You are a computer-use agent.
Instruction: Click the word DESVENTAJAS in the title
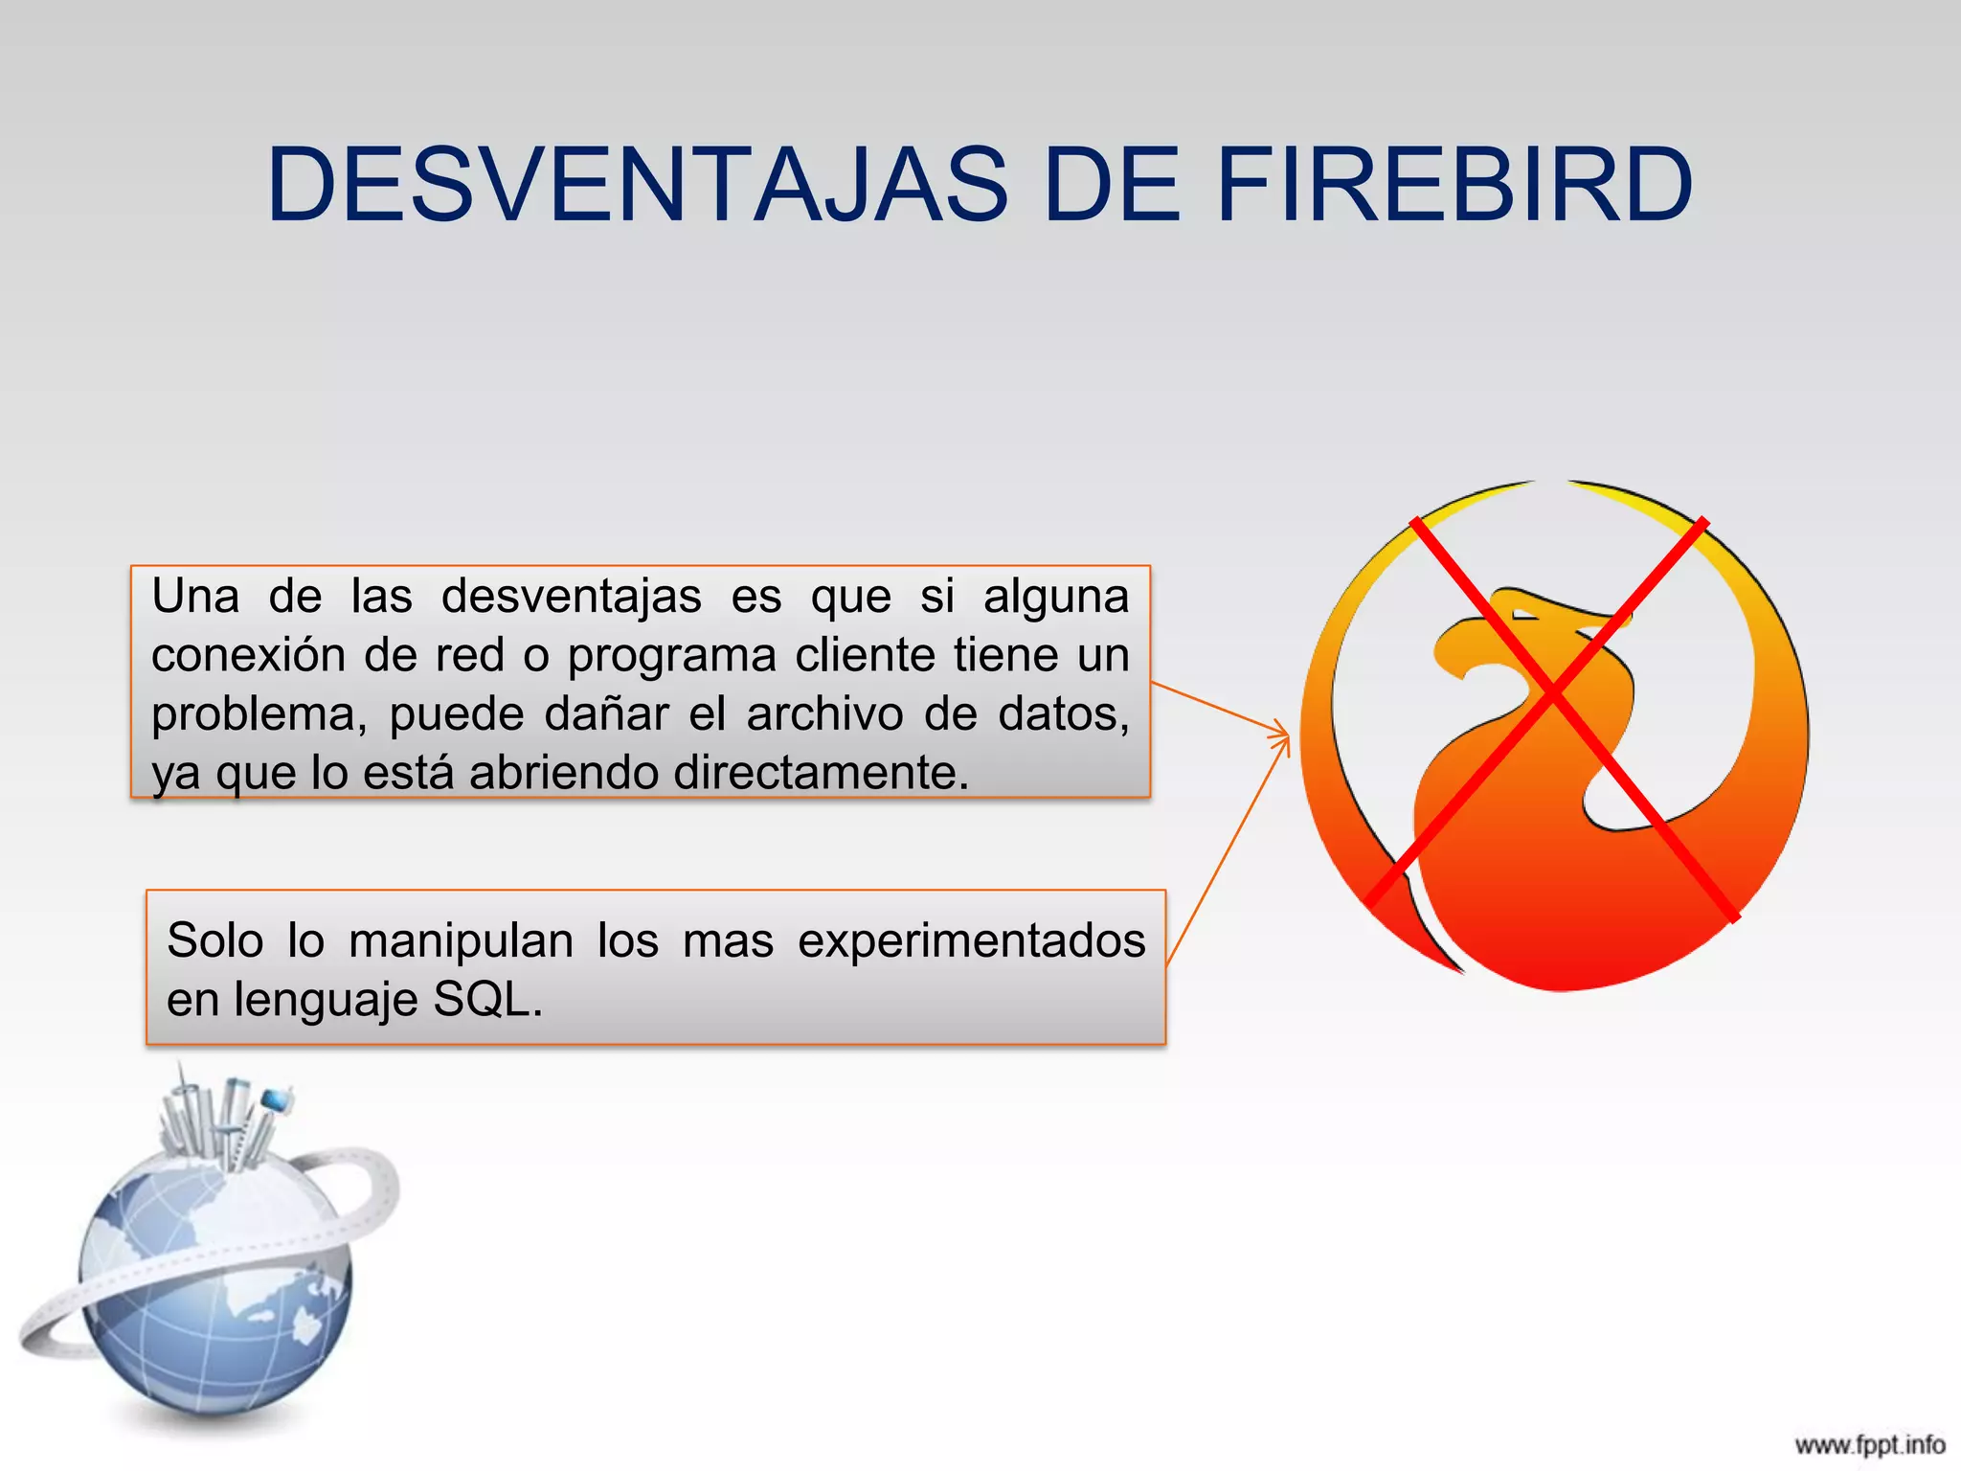click(x=637, y=184)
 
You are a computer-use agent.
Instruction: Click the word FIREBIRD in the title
click(x=1454, y=184)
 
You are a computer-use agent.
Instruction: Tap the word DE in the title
click(x=1111, y=184)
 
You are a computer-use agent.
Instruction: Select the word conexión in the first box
click(x=247, y=655)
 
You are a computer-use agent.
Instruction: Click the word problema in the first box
click(x=254, y=715)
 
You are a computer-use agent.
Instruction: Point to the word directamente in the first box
click(x=821, y=773)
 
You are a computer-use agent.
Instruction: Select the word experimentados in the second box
click(x=971, y=940)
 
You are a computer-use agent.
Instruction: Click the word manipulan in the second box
click(x=461, y=940)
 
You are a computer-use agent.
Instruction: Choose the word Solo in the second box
click(x=214, y=940)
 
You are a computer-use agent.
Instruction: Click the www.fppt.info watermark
click(x=1869, y=1444)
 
